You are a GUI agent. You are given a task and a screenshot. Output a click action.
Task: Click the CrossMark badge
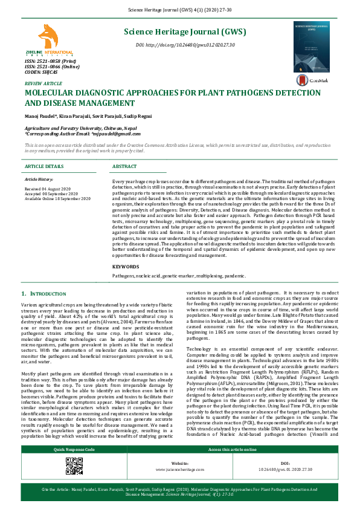311,80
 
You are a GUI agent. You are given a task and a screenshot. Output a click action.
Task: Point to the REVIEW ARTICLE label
43,83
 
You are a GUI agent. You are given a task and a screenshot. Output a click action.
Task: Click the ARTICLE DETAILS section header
44,166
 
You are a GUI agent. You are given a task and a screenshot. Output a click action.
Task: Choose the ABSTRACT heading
124,166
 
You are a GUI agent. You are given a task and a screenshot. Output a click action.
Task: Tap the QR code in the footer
74,482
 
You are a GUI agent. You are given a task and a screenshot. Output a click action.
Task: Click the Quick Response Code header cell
74,467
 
